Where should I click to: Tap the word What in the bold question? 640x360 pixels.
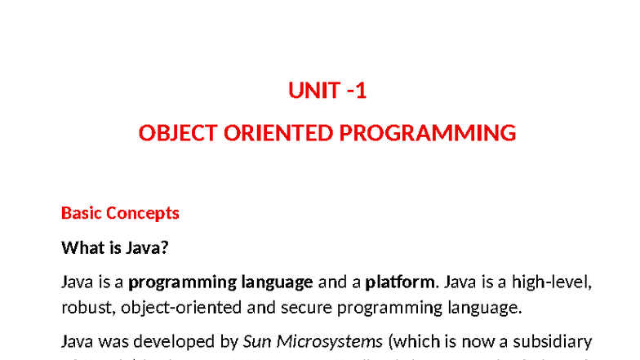(81, 247)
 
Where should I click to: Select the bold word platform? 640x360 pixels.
(400, 282)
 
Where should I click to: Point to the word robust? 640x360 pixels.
(85, 308)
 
